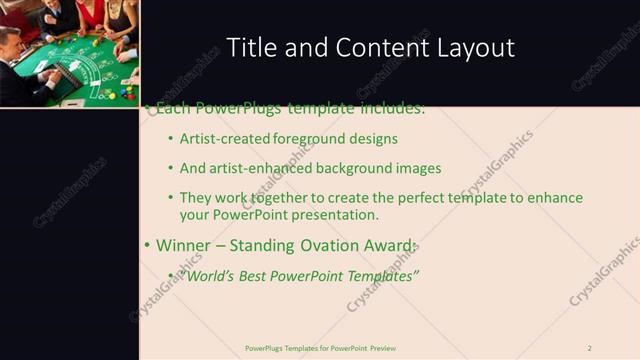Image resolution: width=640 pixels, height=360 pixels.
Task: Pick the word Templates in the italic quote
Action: tap(381, 275)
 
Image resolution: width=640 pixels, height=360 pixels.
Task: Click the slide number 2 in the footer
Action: tap(590, 348)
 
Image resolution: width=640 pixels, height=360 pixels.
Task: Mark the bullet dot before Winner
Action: tap(147, 246)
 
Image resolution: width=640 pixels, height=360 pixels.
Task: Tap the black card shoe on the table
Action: tap(62, 76)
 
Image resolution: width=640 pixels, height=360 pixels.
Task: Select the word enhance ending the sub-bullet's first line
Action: tap(556, 198)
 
